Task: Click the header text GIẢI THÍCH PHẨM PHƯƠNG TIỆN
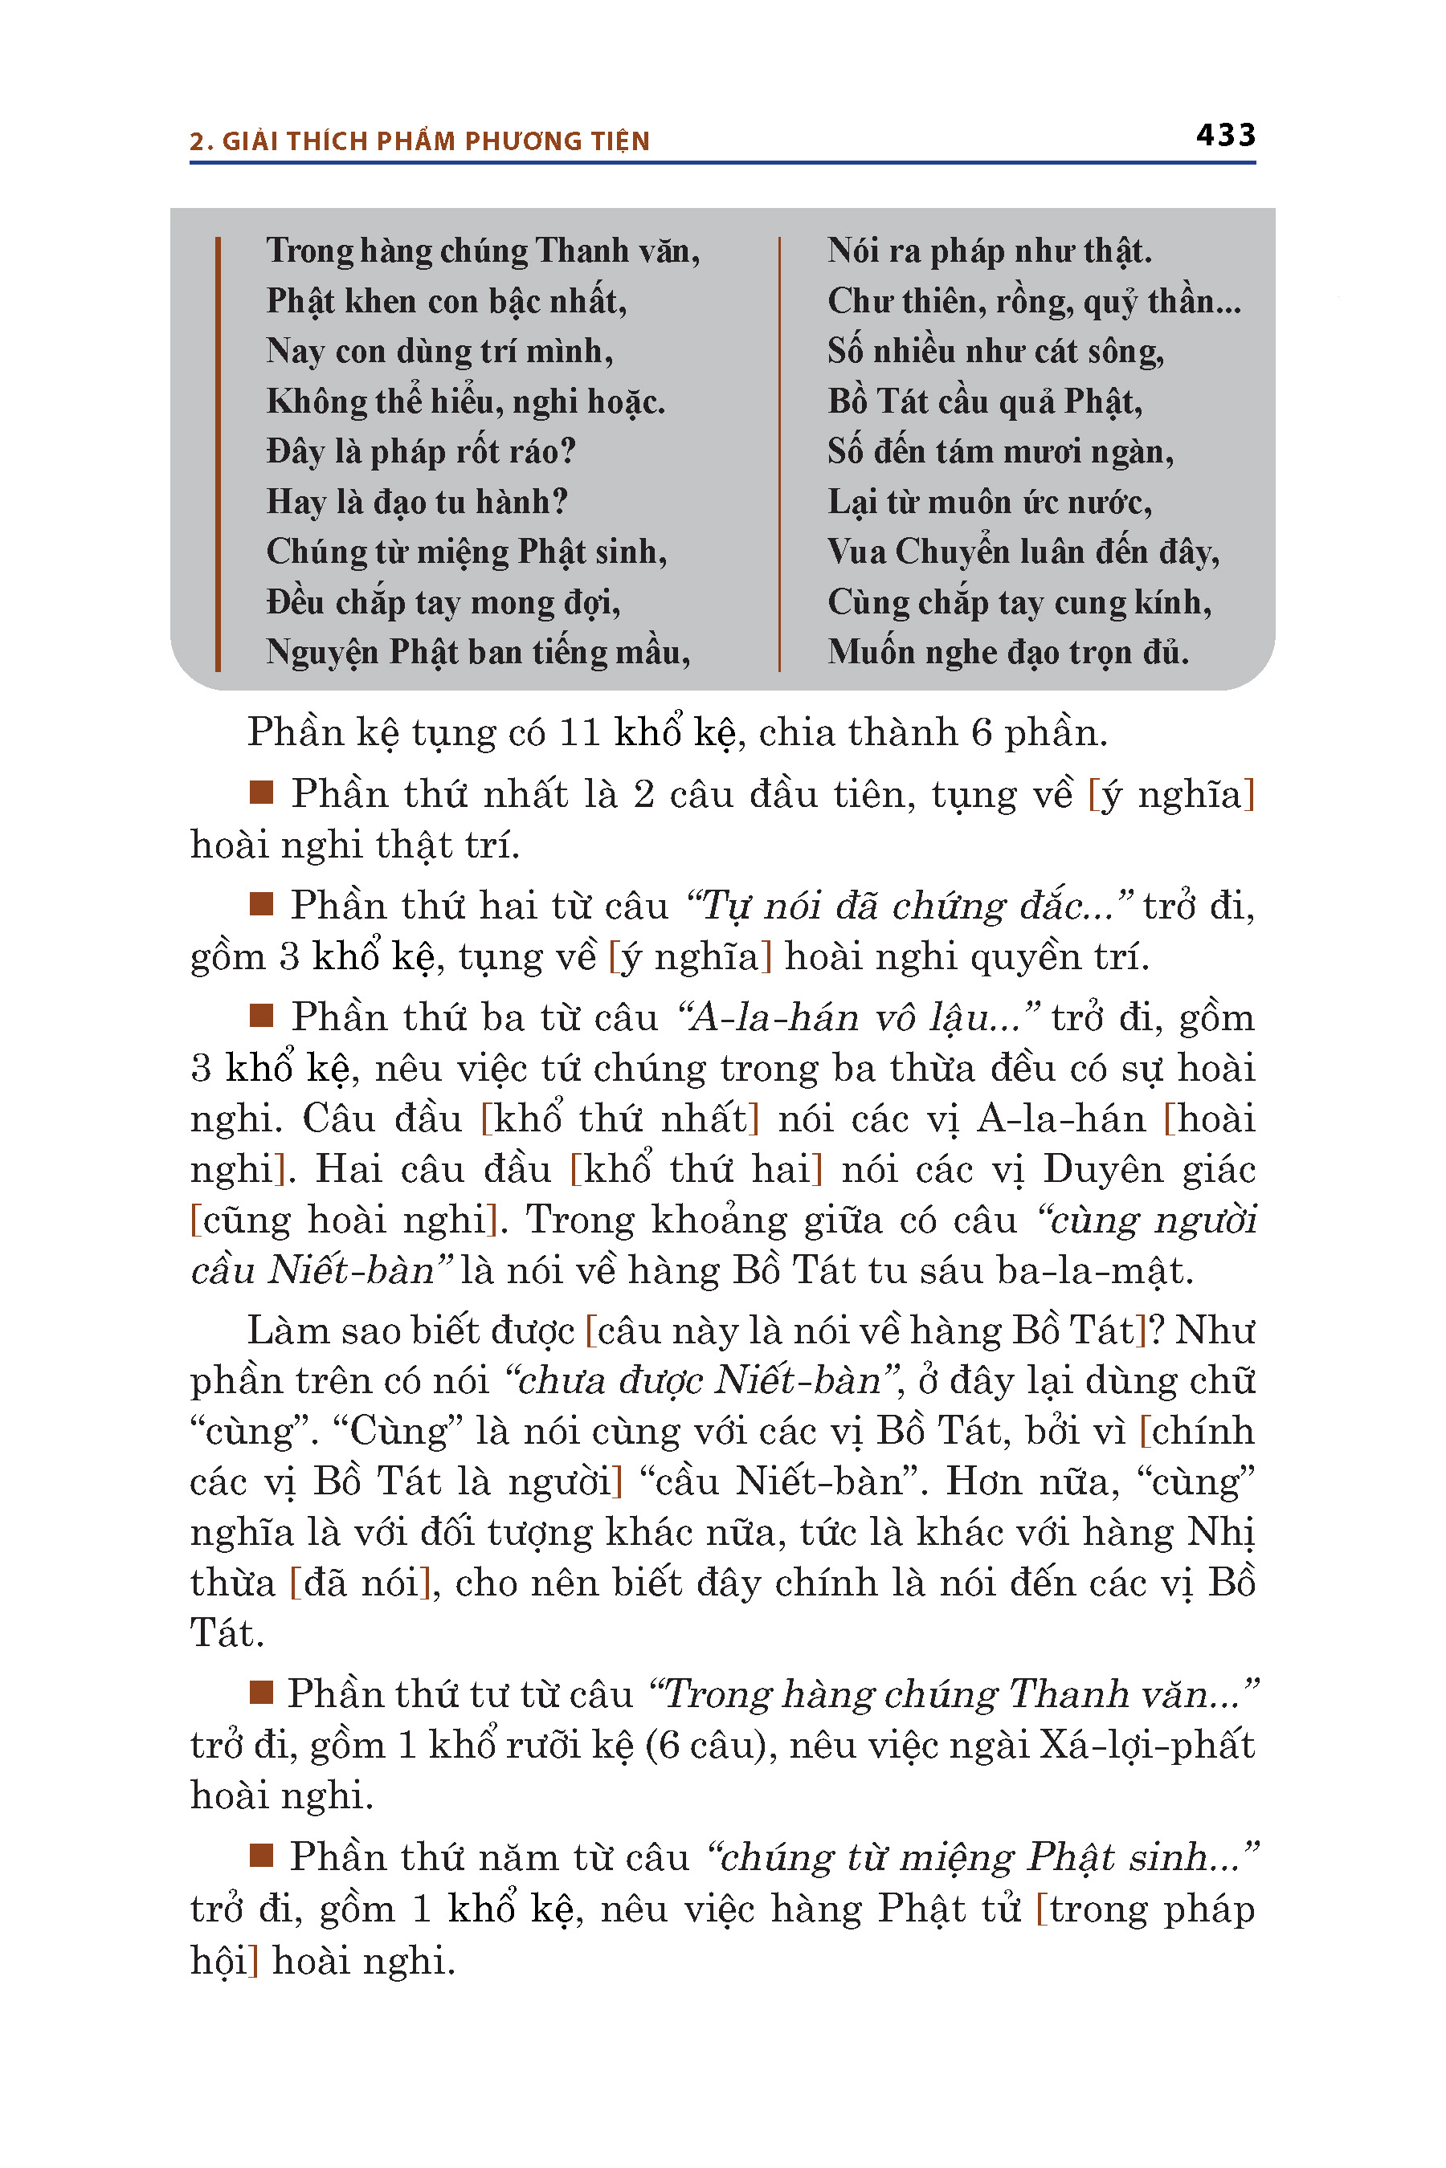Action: (x=435, y=141)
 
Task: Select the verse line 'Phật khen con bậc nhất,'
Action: (x=447, y=301)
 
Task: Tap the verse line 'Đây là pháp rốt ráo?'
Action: (x=420, y=451)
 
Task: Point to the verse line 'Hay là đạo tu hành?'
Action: (x=417, y=503)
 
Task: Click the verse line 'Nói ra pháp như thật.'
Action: (x=989, y=251)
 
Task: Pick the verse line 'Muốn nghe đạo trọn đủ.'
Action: (x=1007, y=653)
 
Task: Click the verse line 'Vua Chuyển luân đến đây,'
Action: (x=1023, y=552)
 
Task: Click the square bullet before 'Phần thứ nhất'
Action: (x=261, y=793)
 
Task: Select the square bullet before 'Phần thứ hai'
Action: (x=261, y=904)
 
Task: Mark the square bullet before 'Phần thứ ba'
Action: (x=261, y=1016)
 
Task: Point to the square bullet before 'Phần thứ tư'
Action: (x=261, y=1693)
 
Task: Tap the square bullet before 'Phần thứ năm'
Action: (x=261, y=1855)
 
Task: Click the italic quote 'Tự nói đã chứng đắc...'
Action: (x=909, y=906)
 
